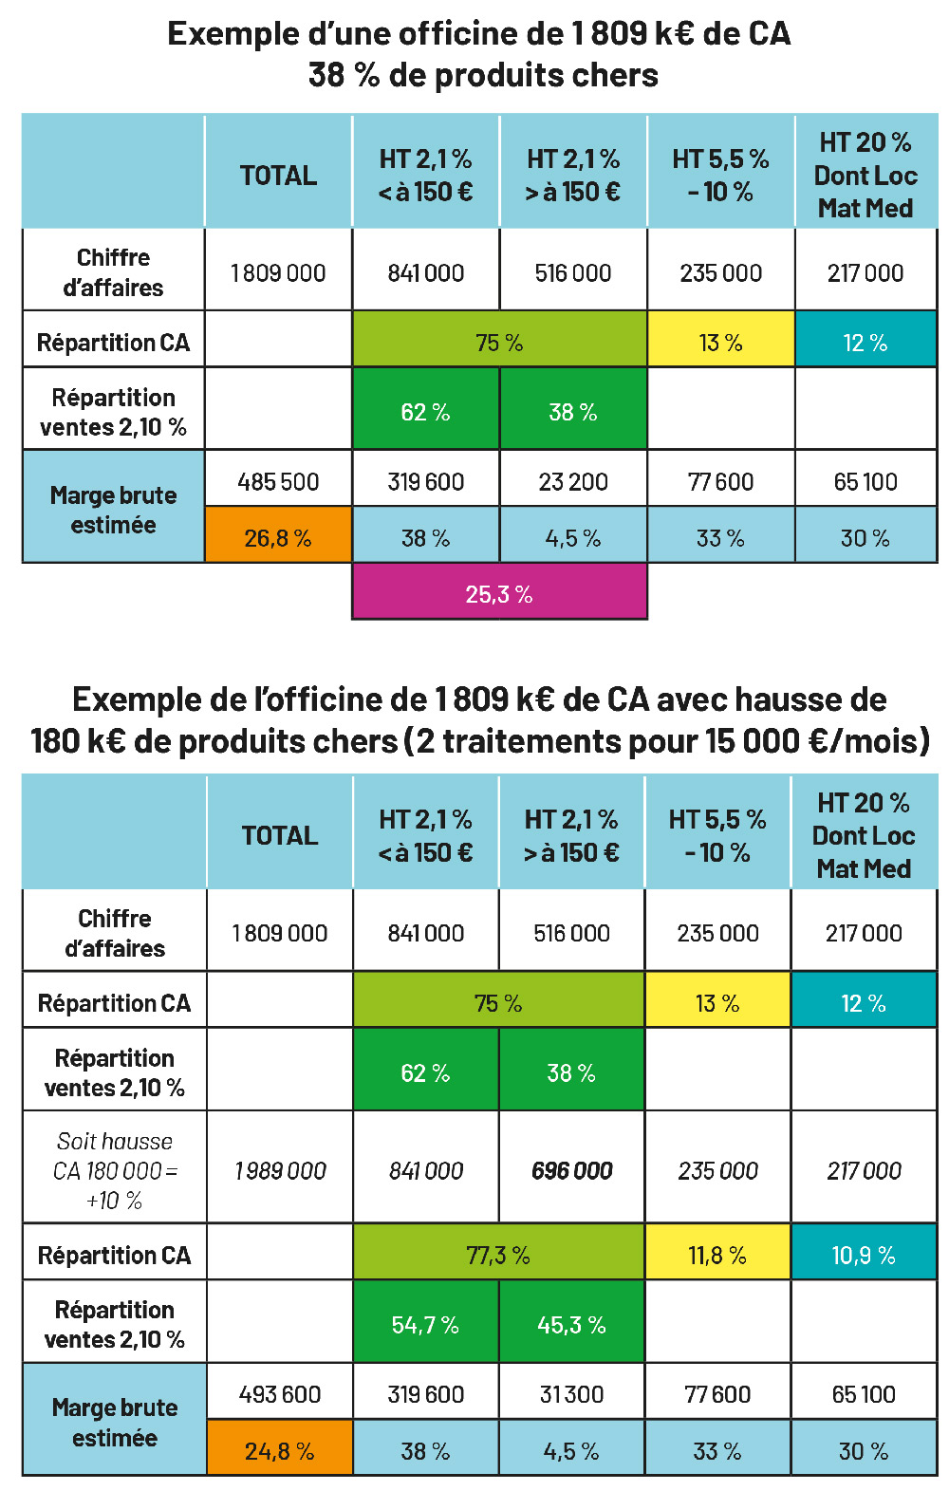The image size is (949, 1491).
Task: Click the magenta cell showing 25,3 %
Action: coord(499,594)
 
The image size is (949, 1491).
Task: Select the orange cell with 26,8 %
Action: coord(278,538)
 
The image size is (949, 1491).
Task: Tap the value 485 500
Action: coord(278,482)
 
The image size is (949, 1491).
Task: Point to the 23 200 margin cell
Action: coord(573,482)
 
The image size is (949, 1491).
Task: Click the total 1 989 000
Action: coord(280,1171)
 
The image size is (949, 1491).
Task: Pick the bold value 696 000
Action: coord(572,1171)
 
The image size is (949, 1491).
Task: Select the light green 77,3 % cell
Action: coord(498,1256)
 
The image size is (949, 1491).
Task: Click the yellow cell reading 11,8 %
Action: coord(717,1256)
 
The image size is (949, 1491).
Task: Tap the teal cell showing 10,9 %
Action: coord(864,1256)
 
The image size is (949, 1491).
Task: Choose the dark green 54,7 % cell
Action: coord(425,1325)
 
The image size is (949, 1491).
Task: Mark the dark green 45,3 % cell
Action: coord(571,1325)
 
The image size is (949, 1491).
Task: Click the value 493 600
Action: coord(280,1394)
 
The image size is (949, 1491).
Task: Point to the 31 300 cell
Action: coord(571,1394)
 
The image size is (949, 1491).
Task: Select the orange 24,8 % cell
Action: coord(280,1451)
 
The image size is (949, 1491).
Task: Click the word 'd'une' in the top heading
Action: coord(345,34)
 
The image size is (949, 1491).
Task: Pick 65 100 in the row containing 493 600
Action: coord(864,1394)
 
